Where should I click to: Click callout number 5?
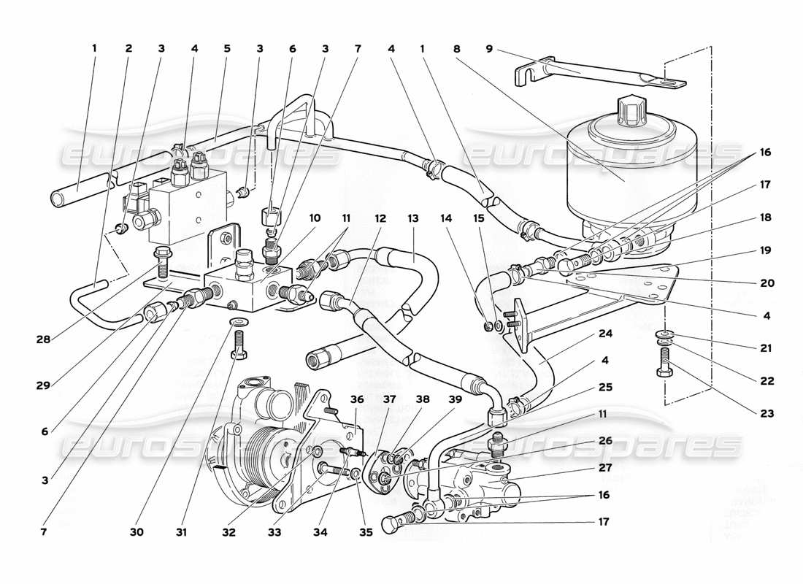pos(227,49)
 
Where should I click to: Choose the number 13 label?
pos(413,218)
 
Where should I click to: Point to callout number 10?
pos(315,218)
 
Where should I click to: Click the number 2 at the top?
pos(128,49)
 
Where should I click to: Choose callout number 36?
pos(356,399)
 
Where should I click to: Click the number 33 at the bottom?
pos(274,533)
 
